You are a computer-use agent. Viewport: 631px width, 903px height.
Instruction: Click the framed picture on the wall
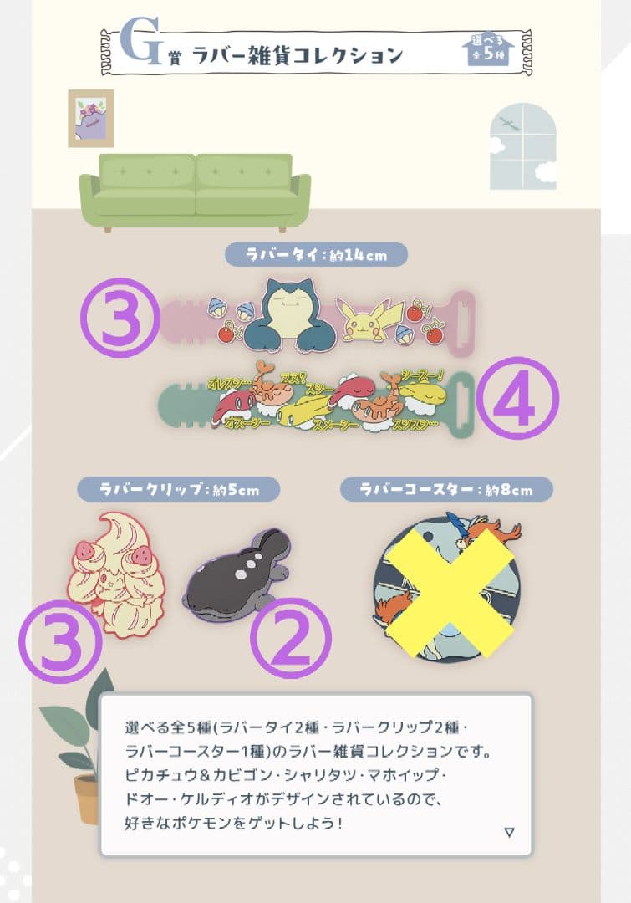click(x=90, y=118)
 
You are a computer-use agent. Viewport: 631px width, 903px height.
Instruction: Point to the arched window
click(x=522, y=145)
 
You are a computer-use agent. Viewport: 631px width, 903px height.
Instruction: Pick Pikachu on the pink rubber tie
click(x=368, y=321)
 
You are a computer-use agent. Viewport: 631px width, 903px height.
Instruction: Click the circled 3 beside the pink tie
click(x=120, y=318)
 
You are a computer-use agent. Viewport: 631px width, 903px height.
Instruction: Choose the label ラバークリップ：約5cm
click(x=178, y=489)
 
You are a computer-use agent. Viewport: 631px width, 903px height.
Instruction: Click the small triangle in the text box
click(x=510, y=832)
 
